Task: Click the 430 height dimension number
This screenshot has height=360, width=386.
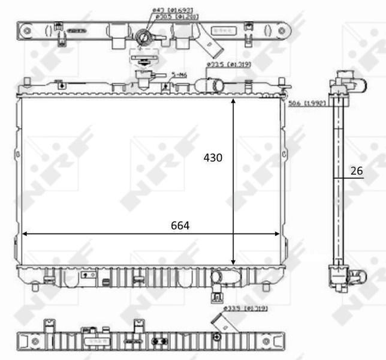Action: point(212,158)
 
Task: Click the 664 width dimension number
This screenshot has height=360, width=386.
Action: point(180,226)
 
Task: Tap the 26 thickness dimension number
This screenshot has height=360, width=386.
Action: point(357,171)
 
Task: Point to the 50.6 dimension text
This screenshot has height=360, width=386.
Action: point(306,103)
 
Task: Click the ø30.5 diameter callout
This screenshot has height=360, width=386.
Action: point(169,17)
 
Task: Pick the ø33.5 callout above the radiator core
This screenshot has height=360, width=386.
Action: point(228,64)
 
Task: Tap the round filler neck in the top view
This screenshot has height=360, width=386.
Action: point(144,37)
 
